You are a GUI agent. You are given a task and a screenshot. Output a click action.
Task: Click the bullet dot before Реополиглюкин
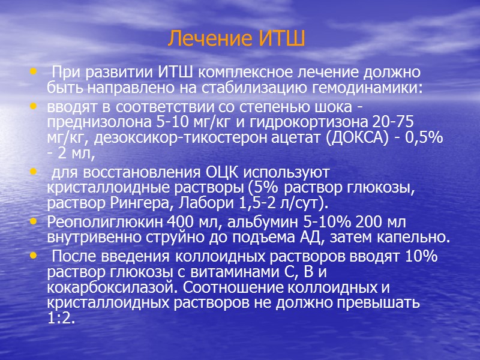click(32, 222)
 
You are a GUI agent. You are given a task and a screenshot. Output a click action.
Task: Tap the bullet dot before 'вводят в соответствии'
click(32, 106)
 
